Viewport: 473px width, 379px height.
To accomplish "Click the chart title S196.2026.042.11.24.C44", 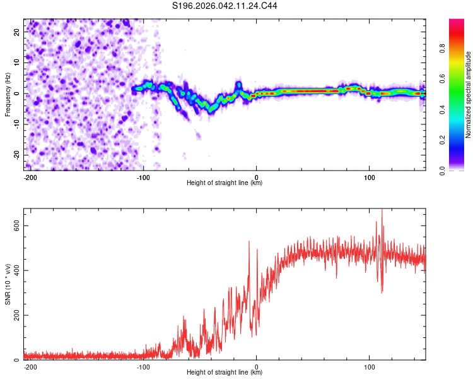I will (x=225, y=6).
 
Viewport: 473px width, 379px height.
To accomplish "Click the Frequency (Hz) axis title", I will (x=8, y=93).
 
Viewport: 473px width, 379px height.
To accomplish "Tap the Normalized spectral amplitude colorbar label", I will (x=469, y=95).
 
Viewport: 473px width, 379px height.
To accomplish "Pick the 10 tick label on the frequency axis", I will (x=17, y=63).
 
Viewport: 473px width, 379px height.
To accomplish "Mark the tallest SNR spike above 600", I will (x=382, y=210).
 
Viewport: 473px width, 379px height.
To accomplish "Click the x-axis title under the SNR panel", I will (x=225, y=373).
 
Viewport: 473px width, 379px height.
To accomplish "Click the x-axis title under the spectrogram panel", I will (x=225, y=183).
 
